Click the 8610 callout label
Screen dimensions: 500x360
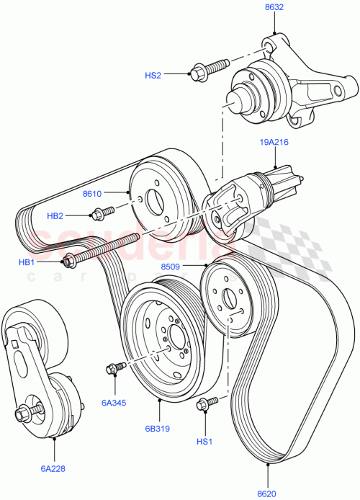93,195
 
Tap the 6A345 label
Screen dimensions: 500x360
114,403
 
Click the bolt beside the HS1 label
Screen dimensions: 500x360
206,403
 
